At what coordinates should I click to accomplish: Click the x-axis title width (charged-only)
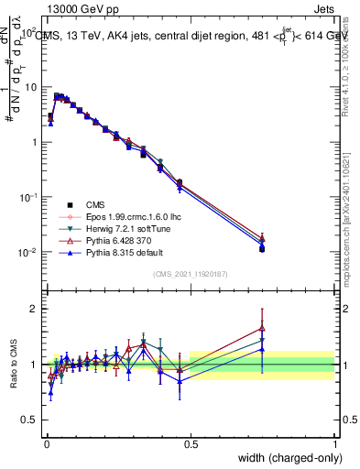coord(286,458)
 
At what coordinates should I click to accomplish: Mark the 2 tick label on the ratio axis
coord(34,309)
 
